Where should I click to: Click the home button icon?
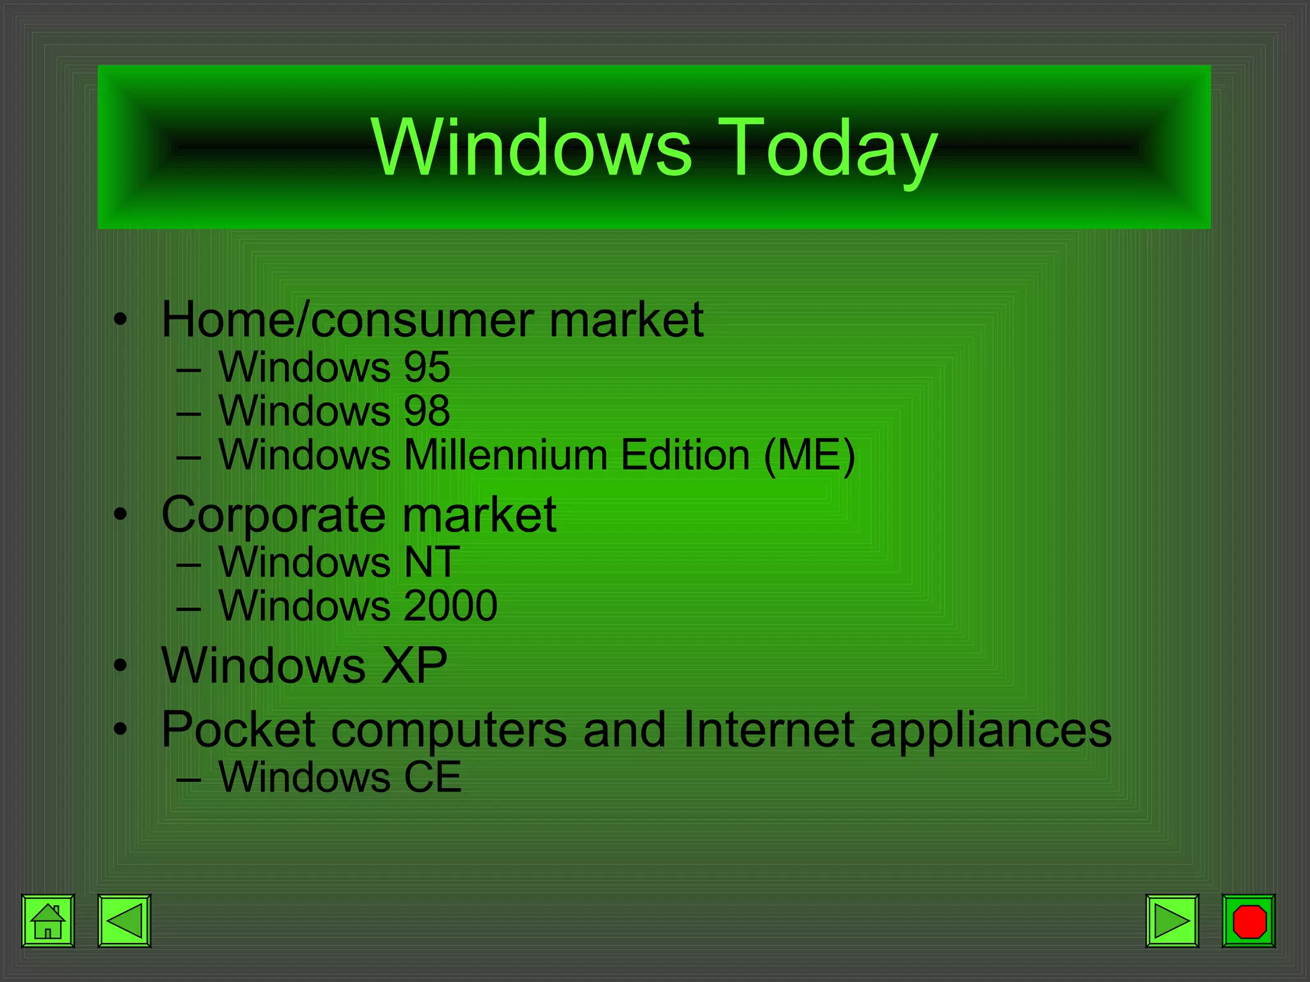[48, 921]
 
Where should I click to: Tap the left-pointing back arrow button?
[124, 921]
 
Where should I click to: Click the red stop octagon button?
[1249, 921]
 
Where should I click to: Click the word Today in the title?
[830, 148]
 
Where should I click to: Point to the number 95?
[427, 367]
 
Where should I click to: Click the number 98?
[427, 410]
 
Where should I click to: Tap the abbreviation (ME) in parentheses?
[809, 455]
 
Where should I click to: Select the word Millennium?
[505, 455]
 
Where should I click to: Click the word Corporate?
[274, 515]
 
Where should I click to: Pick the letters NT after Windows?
[432, 562]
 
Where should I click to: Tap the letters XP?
[414, 666]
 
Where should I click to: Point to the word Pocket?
[238, 729]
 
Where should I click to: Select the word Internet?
[768, 729]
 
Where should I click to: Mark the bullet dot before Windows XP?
[120, 666]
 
